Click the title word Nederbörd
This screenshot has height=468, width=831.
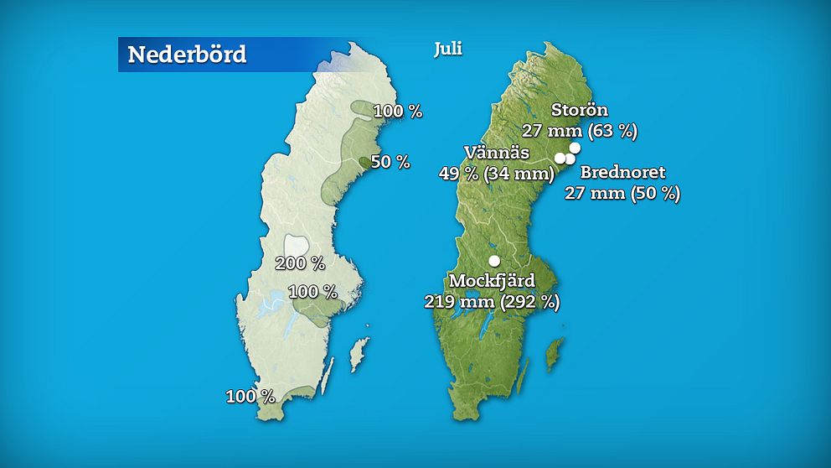187,55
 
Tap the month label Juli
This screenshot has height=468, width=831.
448,49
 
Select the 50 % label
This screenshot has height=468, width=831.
390,162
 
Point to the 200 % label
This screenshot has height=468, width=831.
300,263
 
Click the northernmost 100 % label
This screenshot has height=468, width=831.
398,111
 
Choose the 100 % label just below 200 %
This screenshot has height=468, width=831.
312,292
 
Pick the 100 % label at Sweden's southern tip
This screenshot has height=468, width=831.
250,396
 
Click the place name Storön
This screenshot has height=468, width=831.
580,110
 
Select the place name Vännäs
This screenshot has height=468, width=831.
496,153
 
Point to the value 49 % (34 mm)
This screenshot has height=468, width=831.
496,174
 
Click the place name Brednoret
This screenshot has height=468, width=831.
622,173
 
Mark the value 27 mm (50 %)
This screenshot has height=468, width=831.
622,193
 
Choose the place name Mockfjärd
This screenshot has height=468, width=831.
492,280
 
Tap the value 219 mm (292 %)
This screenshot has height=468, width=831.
492,301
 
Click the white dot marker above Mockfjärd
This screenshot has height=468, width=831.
494,261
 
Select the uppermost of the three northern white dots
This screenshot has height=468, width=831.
575,148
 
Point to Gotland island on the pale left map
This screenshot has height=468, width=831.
359,354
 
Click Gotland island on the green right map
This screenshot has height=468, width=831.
554,354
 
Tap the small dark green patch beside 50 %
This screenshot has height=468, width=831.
364,162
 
